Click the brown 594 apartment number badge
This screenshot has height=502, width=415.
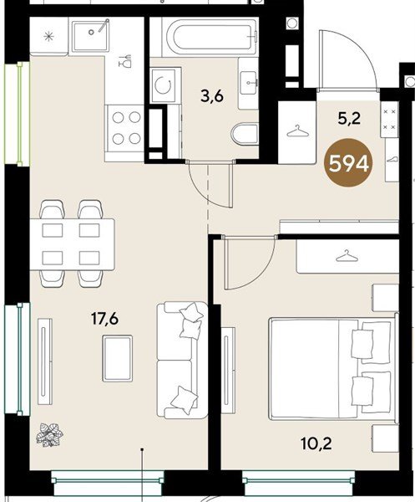(348, 164)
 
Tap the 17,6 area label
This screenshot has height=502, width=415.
(104, 319)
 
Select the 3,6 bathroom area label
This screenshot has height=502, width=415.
(211, 95)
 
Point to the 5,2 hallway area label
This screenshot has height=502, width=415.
(349, 119)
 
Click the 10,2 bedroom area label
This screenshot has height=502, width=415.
(316, 443)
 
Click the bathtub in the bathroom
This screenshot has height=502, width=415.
(210, 37)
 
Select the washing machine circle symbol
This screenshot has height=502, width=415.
(164, 85)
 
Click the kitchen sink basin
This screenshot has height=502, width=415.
(91, 35)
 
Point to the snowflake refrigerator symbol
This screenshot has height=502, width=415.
(48, 37)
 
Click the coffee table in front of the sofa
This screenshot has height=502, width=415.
(117, 358)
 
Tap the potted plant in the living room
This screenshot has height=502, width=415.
(49, 435)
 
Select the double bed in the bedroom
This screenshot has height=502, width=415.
(333, 368)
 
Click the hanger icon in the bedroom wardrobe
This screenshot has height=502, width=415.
(347, 256)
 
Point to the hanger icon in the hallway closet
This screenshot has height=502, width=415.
(297, 131)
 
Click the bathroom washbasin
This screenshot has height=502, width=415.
(248, 83)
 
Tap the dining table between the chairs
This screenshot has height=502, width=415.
(72, 244)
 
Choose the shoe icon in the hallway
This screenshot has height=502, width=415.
(393, 158)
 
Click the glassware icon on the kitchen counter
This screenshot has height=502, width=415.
(125, 61)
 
